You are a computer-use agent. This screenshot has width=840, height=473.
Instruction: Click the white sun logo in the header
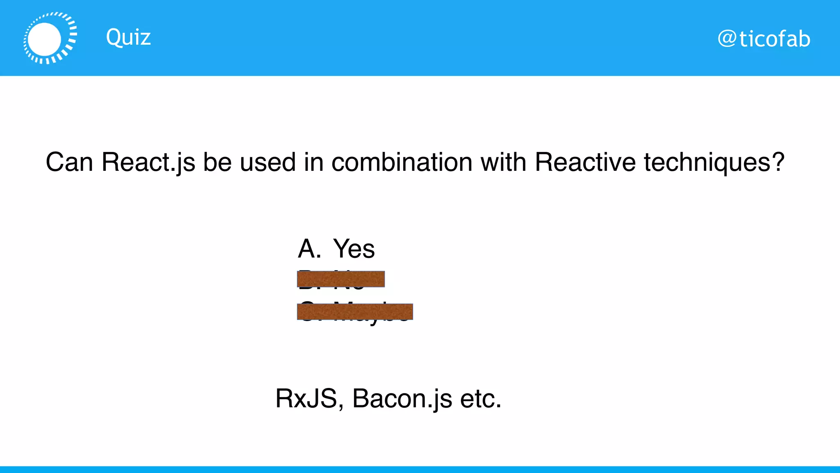click(50, 38)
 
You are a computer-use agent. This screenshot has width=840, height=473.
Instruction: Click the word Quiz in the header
click(128, 38)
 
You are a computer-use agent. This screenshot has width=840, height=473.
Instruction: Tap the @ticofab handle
click(764, 39)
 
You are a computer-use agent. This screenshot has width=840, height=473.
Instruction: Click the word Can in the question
click(69, 162)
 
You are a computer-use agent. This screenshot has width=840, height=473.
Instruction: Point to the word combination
click(402, 162)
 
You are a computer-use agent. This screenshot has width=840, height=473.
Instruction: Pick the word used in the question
click(267, 162)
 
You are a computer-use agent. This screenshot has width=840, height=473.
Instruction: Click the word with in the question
click(503, 162)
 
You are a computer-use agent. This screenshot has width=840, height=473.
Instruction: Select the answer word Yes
click(354, 249)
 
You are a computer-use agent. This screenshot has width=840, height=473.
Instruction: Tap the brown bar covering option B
click(340, 279)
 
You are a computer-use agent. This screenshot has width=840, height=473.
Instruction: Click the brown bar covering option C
click(355, 312)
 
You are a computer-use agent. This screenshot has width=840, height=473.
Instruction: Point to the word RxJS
click(306, 399)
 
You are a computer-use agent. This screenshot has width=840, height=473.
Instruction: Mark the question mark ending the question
click(777, 162)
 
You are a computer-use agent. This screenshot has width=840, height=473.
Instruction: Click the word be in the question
click(217, 162)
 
